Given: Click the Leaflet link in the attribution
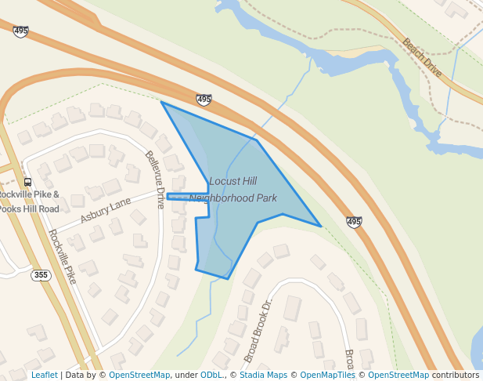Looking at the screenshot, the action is [44, 376].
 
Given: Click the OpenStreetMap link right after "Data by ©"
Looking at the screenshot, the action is [139, 376].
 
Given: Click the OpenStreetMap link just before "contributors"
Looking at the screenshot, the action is [398, 376].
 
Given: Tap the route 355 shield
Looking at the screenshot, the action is [41, 275].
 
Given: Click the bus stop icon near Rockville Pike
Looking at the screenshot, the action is [28, 182].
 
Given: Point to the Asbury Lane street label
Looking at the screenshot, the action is [106, 209].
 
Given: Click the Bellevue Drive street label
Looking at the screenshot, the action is [154, 179].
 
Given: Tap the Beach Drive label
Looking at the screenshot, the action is [423, 57].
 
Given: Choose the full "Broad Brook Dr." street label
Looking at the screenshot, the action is [257, 331].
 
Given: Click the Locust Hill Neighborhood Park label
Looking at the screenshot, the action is [232, 190].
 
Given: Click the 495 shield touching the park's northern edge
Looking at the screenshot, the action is [204, 100].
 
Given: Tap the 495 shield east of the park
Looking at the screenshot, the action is [354, 223].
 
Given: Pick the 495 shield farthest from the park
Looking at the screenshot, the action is [20, 31].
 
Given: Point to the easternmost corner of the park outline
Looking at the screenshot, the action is [320, 226].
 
